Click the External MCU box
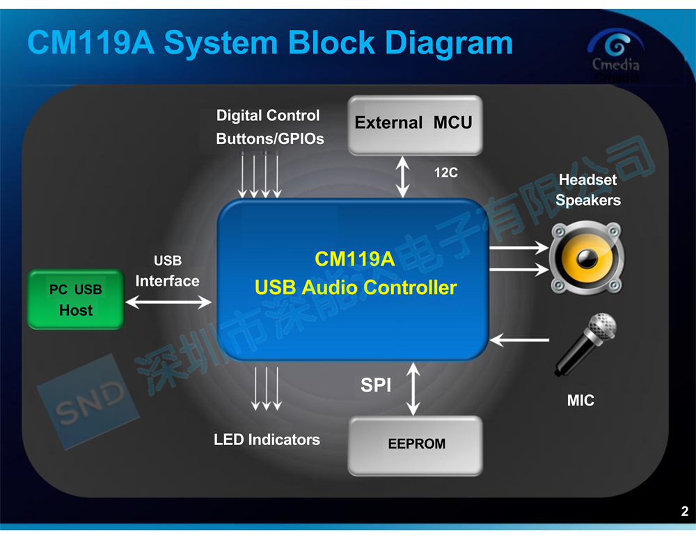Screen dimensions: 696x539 (415, 124)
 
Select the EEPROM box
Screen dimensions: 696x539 (415, 445)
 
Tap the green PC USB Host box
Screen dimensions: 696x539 (76, 300)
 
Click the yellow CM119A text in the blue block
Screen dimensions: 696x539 (355, 259)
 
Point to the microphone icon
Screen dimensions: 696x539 (585, 345)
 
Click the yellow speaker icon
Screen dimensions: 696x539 (587, 258)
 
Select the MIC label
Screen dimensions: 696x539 (580, 401)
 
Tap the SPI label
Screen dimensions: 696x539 (376, 385)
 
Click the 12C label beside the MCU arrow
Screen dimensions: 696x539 (445, 172)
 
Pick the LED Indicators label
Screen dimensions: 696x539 (267, 440)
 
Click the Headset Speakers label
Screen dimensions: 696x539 (587, 190)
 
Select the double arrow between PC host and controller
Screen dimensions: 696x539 (168, 303)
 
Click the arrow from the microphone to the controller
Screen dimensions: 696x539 (519, 340)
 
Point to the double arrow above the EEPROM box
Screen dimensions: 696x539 (413, 389)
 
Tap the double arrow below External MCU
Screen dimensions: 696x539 (402, 177)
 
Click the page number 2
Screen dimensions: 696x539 (685, 511)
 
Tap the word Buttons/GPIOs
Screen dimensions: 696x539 (270, 139)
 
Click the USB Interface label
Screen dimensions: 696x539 (167, 271)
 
